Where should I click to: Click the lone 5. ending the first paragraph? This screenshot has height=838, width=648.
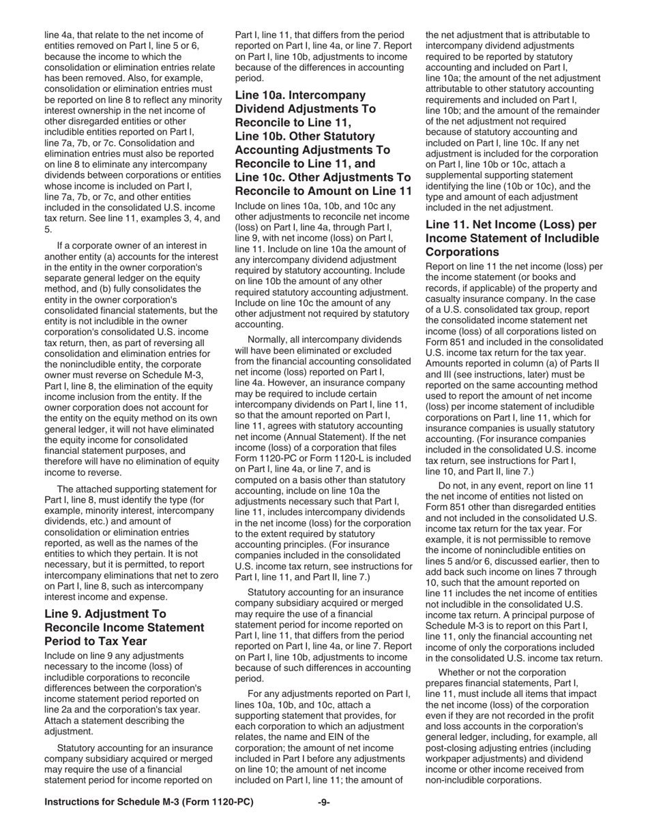tap(48, 230)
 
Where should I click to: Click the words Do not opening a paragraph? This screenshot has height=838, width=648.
tap(456, 485)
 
